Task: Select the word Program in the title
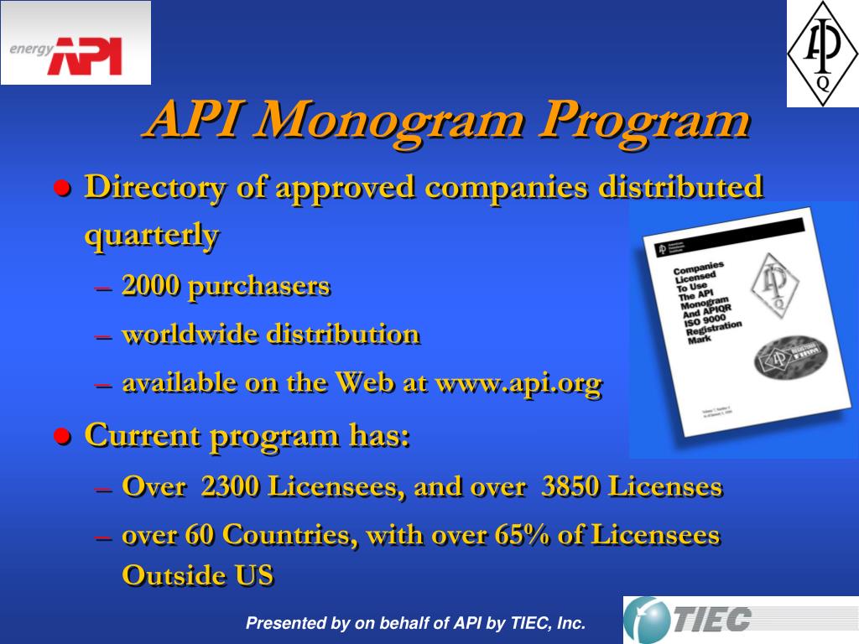click(643, 122)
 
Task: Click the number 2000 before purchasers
click(150, 286)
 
